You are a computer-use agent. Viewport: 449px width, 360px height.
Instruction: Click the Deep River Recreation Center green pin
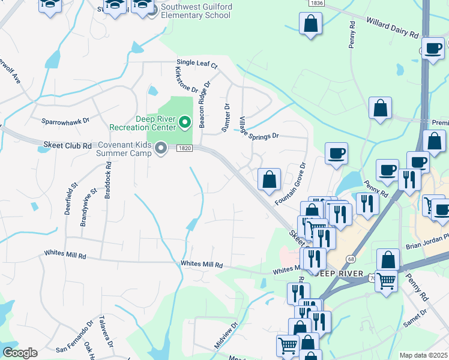[185, 123]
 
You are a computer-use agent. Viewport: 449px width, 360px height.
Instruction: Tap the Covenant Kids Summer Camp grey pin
[160, 148]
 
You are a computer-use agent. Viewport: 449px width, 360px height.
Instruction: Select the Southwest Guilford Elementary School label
[196, 11]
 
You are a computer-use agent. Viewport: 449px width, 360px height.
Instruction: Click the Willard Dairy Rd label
[392, 28]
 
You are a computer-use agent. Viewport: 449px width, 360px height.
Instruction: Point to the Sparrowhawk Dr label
[65, 121]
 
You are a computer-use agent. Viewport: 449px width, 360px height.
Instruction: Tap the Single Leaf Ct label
[196, 63]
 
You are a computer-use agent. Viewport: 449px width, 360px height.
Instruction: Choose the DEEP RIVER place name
[341, 274]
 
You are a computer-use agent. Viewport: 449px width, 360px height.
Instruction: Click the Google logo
[20, 353]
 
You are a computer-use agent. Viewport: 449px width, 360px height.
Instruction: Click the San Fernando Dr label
[74, 340]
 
